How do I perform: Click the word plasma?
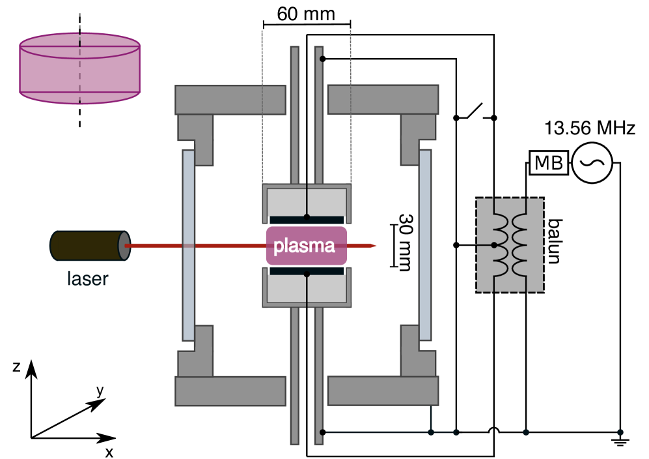pos(304,246)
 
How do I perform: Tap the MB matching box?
pos(548,162)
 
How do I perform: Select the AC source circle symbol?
pos(592,162)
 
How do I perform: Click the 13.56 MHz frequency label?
pos(589,128)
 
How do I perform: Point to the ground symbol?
pos(620,439)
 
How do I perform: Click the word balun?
pos(554,241)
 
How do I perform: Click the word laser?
pos(87,278)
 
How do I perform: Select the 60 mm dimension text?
pos(306,14)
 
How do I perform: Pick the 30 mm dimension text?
pos(405,243)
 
